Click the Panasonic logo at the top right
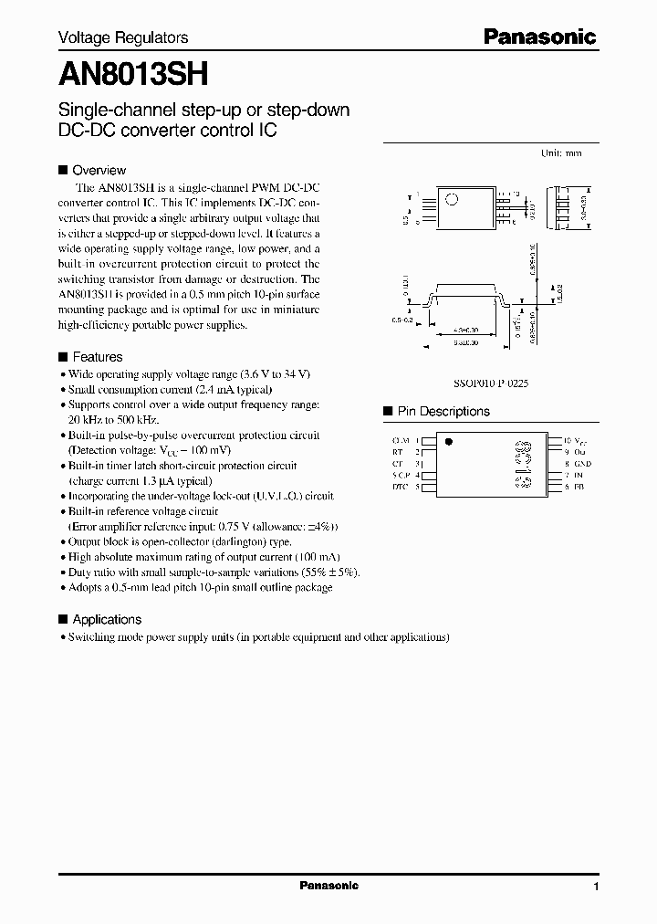click(539, 37)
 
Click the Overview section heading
click(99, 170)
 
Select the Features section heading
click(97, 357)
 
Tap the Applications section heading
click(107, 619)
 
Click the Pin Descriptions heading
click(443, 412)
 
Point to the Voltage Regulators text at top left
click(123, 37)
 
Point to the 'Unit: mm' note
click(561, 153)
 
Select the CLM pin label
click(399, 441)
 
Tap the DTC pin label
click(399, 487)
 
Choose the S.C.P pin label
click(399, 475)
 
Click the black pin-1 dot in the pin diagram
click(447, 441)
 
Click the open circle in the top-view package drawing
click(451, 200)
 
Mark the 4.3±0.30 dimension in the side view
click(466, 331)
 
